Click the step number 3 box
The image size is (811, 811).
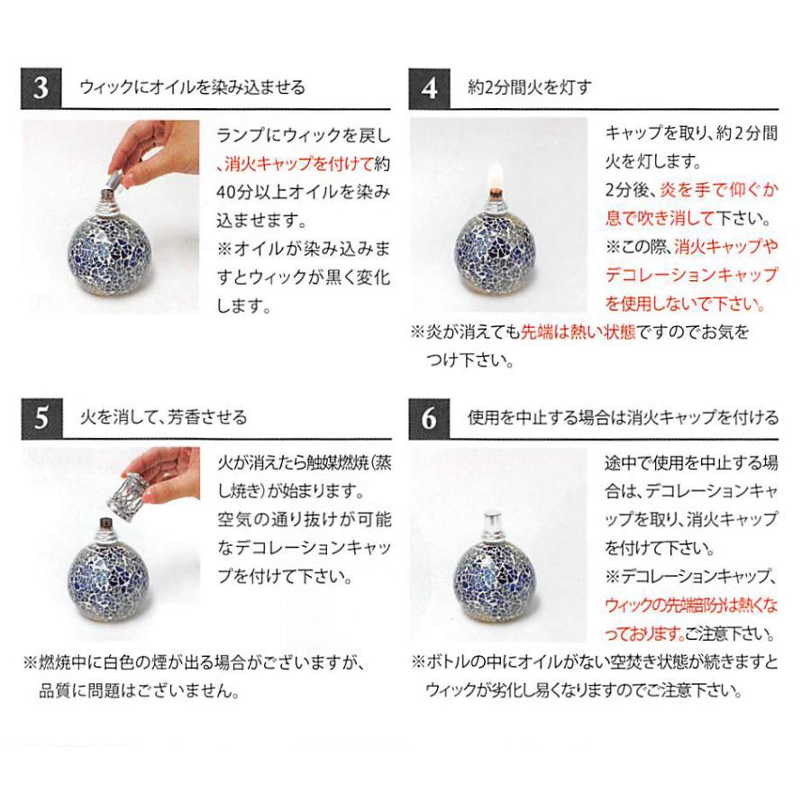coord(41,87)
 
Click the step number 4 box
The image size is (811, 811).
coord(430,87)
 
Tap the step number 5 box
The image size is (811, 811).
coord(41,419)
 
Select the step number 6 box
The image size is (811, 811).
coord(430,419)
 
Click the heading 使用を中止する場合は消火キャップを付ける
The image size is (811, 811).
coord(624,419)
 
